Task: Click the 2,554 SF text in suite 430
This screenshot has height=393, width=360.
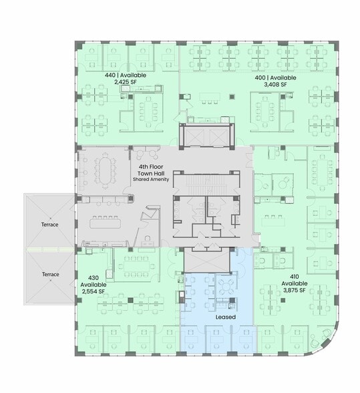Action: [x=94, y=292]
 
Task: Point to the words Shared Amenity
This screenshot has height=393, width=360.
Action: [x=151, y=180]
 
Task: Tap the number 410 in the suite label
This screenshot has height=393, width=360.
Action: [x=294, y=276]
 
